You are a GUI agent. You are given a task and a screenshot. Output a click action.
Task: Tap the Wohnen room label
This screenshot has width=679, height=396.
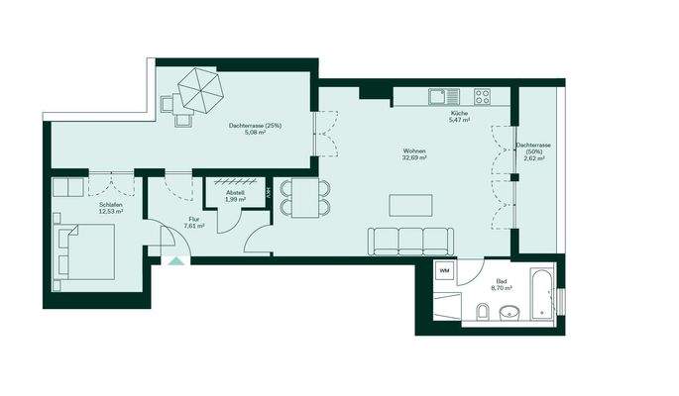coord(413,151)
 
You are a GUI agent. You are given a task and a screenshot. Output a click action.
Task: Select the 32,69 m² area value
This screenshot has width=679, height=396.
coord(413,158)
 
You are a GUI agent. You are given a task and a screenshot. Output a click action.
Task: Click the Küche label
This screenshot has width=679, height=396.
coord(458,115)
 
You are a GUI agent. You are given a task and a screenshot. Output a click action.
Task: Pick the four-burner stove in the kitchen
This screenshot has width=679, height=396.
coord(484,96)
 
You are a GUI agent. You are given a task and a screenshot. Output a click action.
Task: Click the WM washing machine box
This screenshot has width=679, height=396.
coord(444,270)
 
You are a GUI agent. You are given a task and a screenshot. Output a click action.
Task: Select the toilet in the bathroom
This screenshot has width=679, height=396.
coord(481,314)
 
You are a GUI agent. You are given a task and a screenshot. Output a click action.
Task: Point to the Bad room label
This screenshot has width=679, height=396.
coord(501,281)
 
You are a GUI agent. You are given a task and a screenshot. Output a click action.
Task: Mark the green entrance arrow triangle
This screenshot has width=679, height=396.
coord(176,262)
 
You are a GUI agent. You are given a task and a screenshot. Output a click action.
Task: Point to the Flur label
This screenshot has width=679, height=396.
coord(194,219)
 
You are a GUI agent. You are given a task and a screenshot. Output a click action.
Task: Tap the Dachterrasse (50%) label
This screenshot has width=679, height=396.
coord(532,150)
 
